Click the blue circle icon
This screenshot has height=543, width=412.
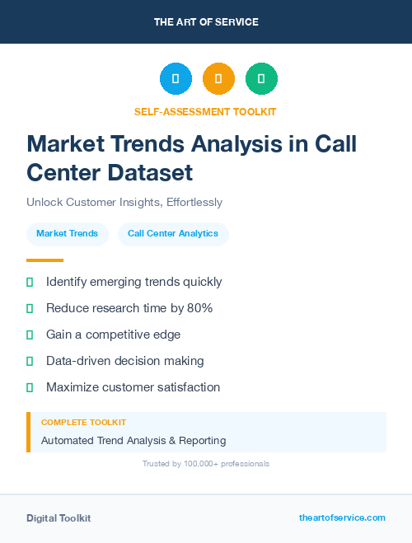pyautogui.click(x=176, y=79)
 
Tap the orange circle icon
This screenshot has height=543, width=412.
pyautogui.click(x=218, y=79)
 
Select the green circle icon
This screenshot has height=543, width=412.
pyautogui.click(x=261, y=79)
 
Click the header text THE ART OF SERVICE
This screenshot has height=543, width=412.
pyautogui.click(x=206, y=22)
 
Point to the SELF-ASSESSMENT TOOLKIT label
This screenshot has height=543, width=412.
pyautogui.click(x=206, y=111)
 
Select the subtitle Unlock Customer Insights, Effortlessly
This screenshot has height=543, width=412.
pyautogui.click(x=124, y=202)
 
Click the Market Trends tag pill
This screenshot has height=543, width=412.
pyautogui.click(x=67, y=233)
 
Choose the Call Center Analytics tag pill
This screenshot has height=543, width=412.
pyautogui.click(x=173, y=233)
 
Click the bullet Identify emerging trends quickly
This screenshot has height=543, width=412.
pyautogui.click(x=133, y=282)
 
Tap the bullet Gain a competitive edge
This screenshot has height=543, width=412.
pyautogui.click(x=113, y=335)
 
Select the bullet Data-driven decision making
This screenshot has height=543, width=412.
pyautogui.click(x=124, y=361)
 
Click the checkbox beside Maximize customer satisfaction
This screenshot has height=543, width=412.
pyautogui.click(x=30, y=387)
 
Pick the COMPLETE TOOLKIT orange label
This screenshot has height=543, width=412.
pyautogui.click(x=83, y=423)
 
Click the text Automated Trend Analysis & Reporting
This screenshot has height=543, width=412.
pyautogui.click(x=133, y=441)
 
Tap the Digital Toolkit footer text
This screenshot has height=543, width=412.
pyautogui.click(x=59, y=518)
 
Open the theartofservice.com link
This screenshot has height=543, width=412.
pyautogui.click(x=342, y=517)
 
